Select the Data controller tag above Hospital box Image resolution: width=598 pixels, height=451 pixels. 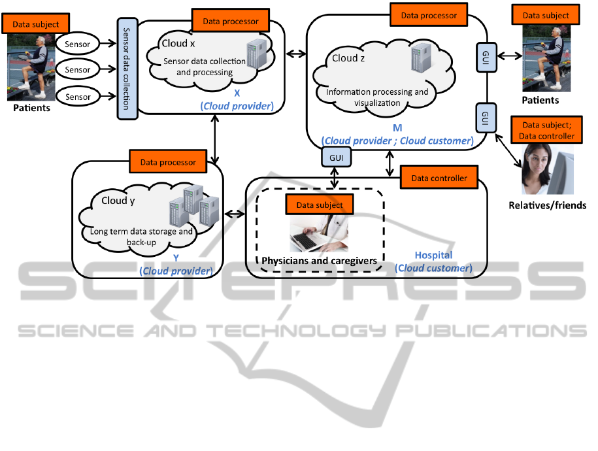[439, 178]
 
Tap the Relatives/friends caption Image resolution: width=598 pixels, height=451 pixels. [547, 205]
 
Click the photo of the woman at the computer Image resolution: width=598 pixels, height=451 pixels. [547, 169]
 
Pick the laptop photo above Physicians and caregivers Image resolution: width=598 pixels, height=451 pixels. [319, 234]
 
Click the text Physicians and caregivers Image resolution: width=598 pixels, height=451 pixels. [320, 261]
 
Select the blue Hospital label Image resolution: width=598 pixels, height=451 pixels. [433, 255]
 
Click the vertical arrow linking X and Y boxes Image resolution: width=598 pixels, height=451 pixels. [216, 142]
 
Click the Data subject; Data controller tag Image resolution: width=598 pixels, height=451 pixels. [546, 131]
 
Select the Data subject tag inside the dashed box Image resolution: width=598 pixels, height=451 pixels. [320, 205]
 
